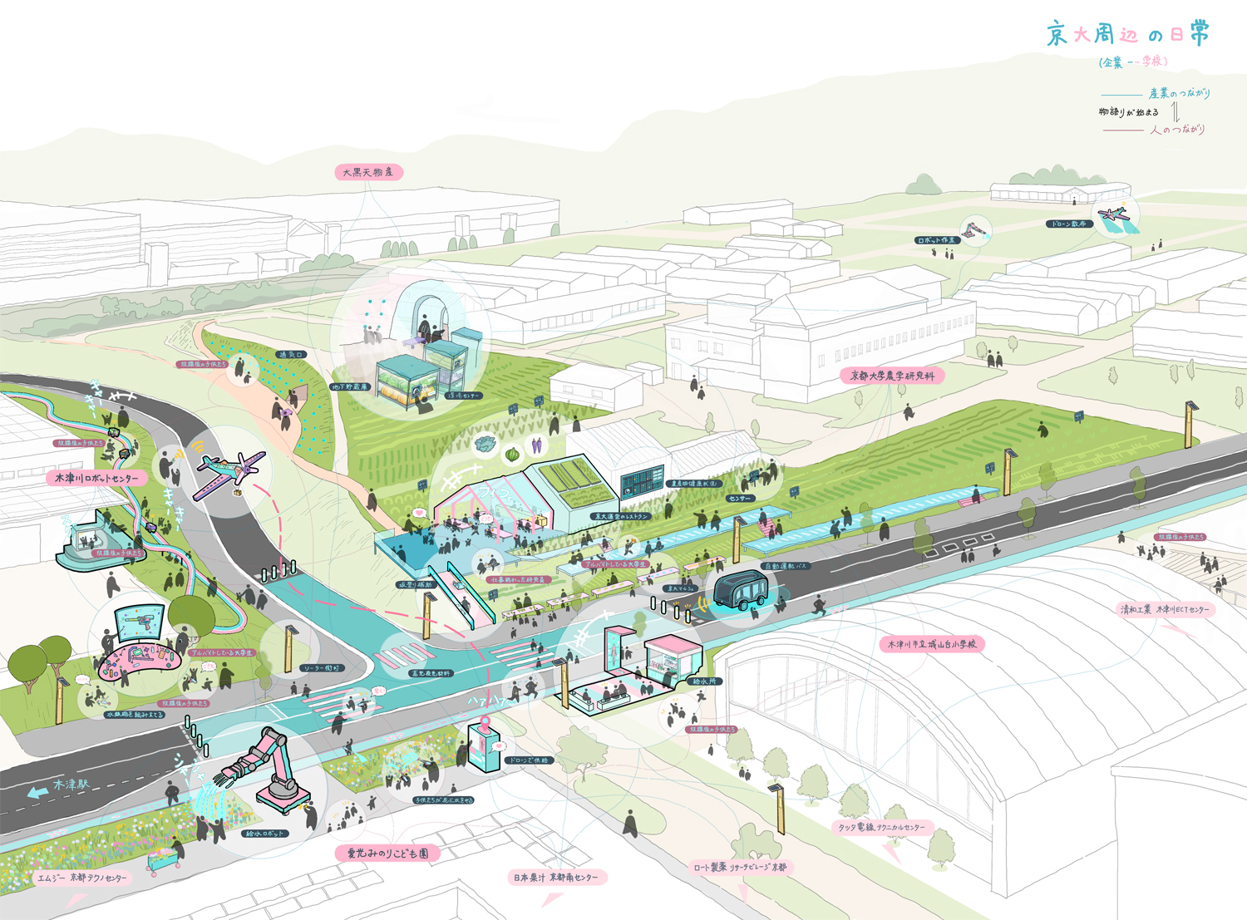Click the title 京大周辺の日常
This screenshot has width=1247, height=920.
(1127, 35)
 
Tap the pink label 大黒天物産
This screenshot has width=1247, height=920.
(368, 173)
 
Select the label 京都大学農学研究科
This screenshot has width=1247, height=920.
(893, 376)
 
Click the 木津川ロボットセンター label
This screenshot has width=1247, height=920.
(96, 479)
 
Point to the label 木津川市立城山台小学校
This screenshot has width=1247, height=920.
(932, 644)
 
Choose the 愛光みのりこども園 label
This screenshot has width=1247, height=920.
(387, 854)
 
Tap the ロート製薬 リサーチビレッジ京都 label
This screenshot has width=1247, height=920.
(740, 867)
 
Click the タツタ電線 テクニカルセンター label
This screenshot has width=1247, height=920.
(881, 828)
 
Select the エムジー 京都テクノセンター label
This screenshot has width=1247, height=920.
(82, 878)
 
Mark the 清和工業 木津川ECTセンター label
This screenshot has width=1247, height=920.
(1165, 610)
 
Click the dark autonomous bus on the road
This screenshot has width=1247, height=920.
(740, 593)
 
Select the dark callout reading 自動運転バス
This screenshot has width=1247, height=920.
(785, 567)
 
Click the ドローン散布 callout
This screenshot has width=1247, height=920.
(1067, 224)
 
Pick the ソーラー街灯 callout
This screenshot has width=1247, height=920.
(320, 668)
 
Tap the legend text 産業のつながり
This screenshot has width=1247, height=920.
(1179, 93)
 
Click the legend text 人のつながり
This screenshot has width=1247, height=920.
(1177, 130)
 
